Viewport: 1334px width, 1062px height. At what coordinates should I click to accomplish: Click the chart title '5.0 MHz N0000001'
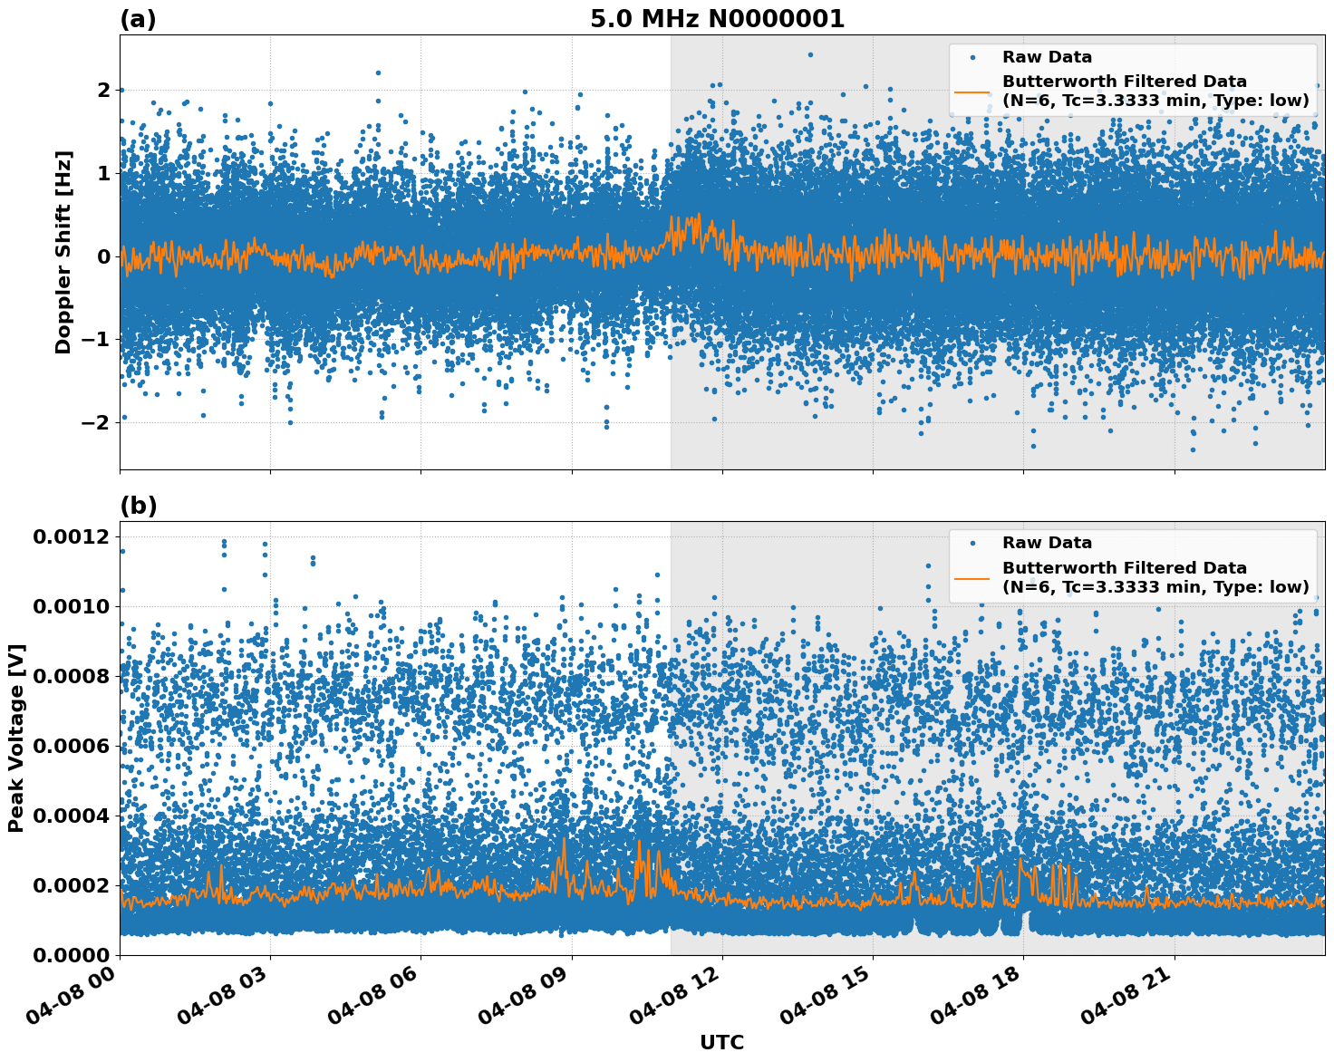point(717,19)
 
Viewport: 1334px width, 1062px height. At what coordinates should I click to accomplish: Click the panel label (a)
point(138,19)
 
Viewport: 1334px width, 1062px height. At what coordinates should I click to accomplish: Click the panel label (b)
point(138,506)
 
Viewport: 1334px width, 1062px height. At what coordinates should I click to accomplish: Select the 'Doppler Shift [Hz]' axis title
point(63,252)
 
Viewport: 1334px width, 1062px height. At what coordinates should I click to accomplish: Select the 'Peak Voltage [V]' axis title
point(15,738)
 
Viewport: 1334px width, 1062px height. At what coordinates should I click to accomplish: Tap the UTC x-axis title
point(721,1042)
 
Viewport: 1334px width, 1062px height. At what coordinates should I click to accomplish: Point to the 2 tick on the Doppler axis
point(104,90)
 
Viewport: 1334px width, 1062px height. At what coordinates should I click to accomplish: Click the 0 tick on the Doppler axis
point(104,256)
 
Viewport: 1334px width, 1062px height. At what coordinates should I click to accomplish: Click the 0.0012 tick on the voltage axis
point(71,537)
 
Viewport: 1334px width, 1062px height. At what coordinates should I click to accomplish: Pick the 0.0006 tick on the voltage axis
point(71,746)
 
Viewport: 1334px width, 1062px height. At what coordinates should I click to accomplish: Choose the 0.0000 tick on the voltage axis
point(71,955)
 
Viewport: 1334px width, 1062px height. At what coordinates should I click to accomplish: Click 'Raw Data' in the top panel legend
point(1047,57)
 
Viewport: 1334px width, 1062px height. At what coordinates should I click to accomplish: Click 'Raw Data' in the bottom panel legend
point(1047,543)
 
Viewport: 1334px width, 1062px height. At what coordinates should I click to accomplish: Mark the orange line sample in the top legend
point(971,92)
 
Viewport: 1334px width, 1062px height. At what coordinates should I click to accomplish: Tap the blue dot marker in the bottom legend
point(972,544)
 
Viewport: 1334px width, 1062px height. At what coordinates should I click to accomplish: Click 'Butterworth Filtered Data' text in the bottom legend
point(1124,568)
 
